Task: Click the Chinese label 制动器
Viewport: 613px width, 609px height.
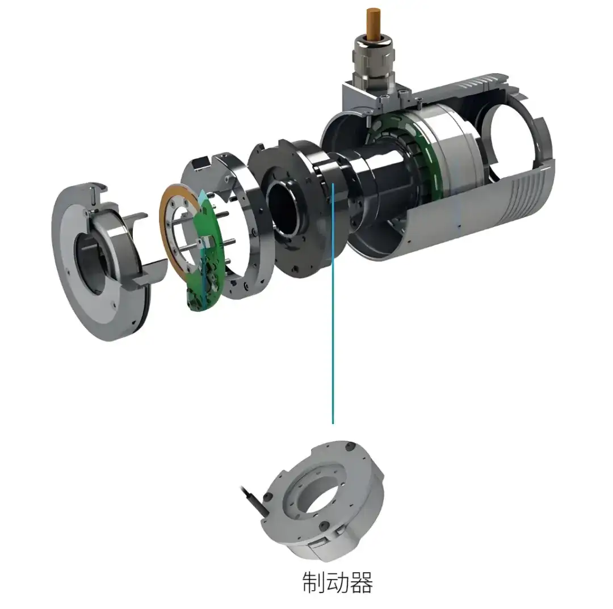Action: coord(337,582)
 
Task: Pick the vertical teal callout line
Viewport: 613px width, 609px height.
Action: coord(333,303)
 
